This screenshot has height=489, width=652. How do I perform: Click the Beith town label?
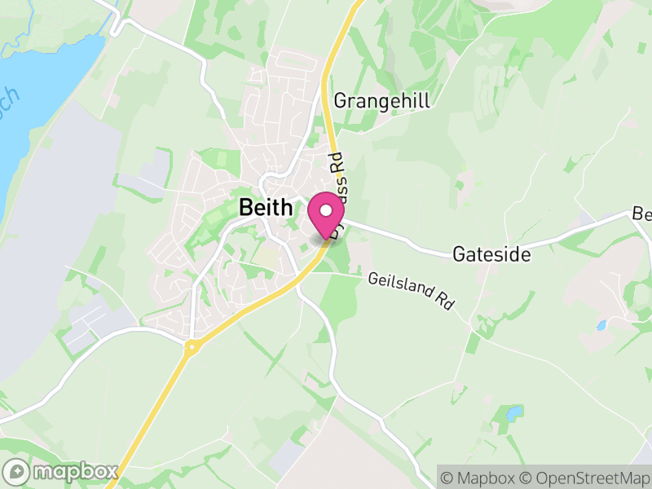click(266, 208)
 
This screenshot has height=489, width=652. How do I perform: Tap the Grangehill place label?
click(381, 101)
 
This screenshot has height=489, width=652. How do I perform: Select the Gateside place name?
click(491, 255)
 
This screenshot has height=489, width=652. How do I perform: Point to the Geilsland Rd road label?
click(410, 290)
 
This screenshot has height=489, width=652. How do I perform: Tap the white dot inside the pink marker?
click(327, 210)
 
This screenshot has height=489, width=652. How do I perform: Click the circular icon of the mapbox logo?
click(17, 472)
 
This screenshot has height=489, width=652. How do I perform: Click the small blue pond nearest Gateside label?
click(601, 325)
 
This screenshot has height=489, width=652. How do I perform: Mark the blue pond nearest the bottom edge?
click(513, 413)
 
